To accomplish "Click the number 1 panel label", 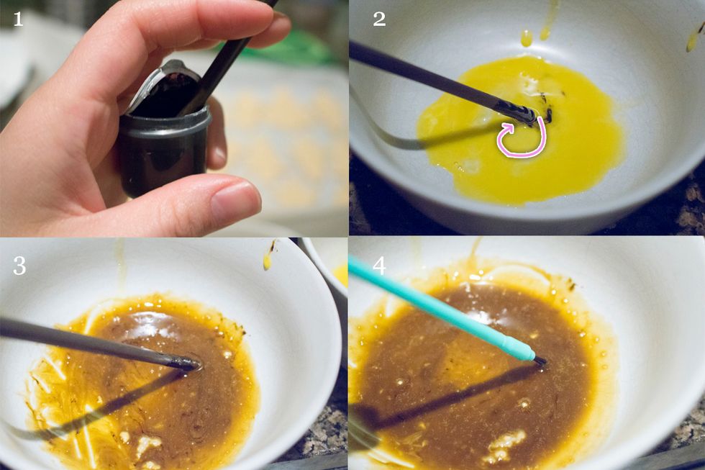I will click(18, 19).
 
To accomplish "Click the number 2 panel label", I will click(379, 19).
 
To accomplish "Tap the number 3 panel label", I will click(19, 266).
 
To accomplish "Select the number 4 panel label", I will click(379, 266).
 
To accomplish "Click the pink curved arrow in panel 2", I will click(519, 140).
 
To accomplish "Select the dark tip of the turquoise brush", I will click(540, 360).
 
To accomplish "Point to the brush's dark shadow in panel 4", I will click(446, 399).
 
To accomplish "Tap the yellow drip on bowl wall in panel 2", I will click(527, 37).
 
